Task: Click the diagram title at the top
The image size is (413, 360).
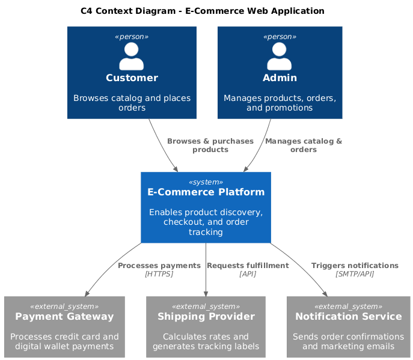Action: tap(202, 11)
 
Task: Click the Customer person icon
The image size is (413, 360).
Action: tap(132, 56)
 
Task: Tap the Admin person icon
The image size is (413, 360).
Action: tap(280, 56)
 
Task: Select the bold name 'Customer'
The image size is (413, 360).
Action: tap(132, 78)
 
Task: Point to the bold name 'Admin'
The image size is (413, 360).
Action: tap(280, 78)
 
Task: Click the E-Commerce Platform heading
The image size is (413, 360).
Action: tap(206, 192)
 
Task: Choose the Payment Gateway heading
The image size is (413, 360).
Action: tap(64, 316)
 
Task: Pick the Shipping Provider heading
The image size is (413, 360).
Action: tap(206, 316)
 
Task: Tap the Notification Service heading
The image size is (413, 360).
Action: tap(348, 316)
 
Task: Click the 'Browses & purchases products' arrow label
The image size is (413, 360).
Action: tap(210, 145)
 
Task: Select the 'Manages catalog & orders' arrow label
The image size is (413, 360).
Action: tap(304, 145)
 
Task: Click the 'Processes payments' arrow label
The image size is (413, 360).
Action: tap(159, 266)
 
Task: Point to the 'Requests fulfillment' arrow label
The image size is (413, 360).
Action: tap(248, 266)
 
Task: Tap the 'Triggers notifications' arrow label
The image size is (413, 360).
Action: tap(355, 266)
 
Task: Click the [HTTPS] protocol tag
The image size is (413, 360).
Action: tap(159, 274)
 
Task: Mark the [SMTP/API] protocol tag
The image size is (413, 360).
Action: tap(355, 274)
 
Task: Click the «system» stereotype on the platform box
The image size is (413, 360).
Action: tap(206, 182)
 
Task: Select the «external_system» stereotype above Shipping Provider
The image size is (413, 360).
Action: tap(206, 306)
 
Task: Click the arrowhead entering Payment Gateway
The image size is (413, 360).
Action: tap(87, 293)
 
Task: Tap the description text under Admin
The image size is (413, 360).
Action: tap(280, 103)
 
